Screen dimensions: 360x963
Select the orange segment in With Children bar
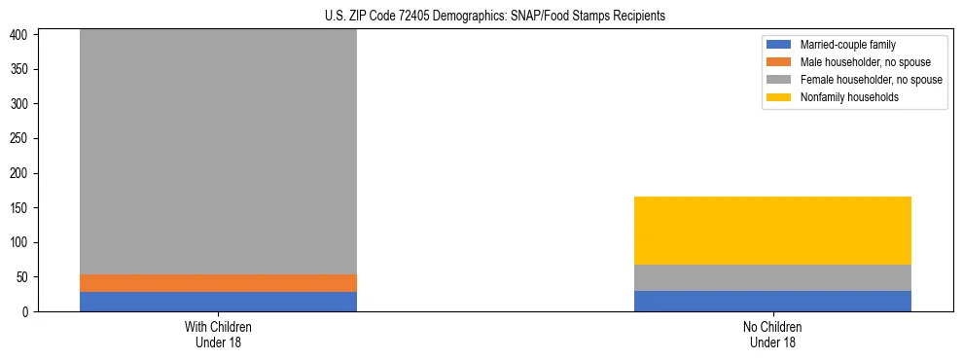pyautogui.click(x=218, y=283)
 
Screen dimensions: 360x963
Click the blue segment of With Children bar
pyautogui.click(x=218, y=302)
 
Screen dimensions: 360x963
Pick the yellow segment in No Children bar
pyautogui.click(x=772, y=231)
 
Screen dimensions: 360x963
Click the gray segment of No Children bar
pyautogui.click(x=772, y=278)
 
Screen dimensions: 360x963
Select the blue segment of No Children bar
pyautogui.click(x=772, y=302)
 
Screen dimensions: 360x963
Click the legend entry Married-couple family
pyautogui.click(x=847, y=45)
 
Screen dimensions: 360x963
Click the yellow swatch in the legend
pyautogui.click(x=780, y=97)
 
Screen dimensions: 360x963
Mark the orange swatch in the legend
pyautogui.click(x=780, y=62)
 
